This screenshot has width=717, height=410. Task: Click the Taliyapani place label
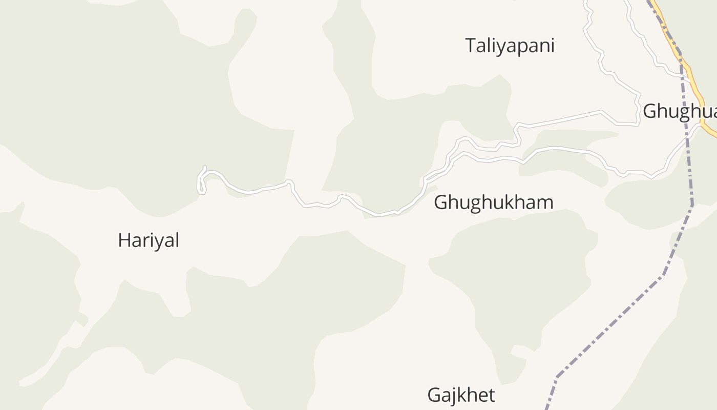(x=510, y=46)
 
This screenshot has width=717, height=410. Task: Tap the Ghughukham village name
(x=493, y=202)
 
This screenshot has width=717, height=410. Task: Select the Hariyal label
(x=149, y=240)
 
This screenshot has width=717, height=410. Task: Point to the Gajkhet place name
(x=461, y=395)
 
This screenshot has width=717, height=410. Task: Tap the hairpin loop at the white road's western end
(x=201, y=182)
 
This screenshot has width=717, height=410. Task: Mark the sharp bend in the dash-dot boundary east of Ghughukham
(x=692, y=205)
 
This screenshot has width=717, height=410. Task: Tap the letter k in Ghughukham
(x=509, y=202)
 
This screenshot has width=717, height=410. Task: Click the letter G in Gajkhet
(x=434, y=395)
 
